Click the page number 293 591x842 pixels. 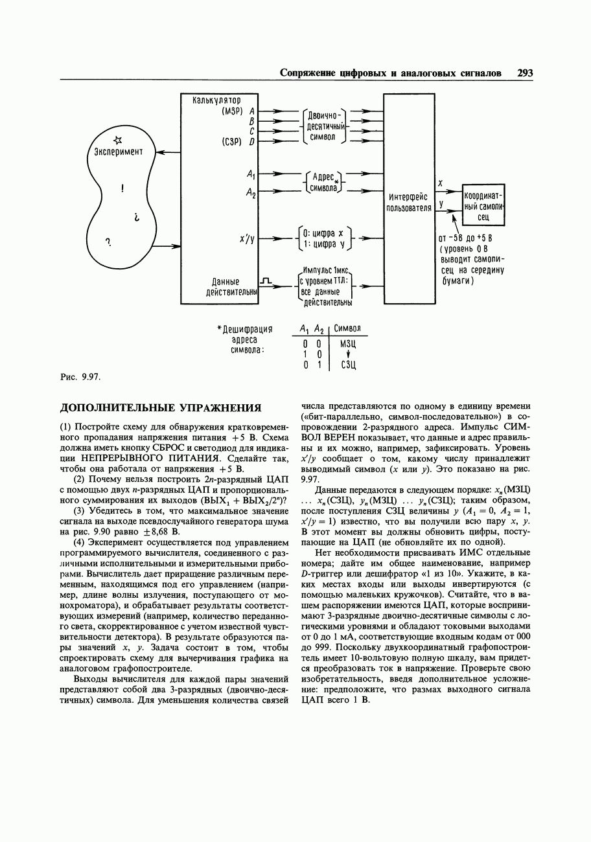[525, 73]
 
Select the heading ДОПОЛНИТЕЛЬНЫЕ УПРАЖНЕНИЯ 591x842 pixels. [161, 408]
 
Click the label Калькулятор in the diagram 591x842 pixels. [217, 100]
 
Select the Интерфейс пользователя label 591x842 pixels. [409, 202]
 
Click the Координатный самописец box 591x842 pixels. [483, 205]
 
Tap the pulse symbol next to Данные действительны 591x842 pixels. [264, 280]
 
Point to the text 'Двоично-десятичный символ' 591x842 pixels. [325, 126]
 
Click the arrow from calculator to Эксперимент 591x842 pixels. [168, 152]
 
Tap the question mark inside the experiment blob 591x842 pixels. [108, 242]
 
